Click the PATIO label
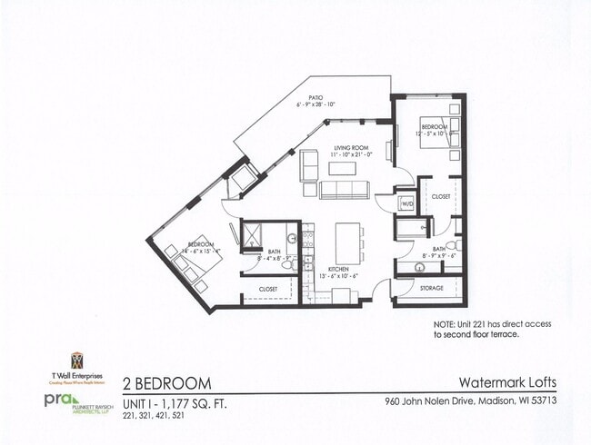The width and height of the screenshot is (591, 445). pyautogui.click(x=316, y=96)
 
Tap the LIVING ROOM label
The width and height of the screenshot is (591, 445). pyautogui.click(x=349, y=147)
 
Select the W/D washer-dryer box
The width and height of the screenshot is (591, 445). pyautogui.click(x=406, y=204)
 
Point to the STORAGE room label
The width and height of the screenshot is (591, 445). pyautogui.click(x=431, y=288)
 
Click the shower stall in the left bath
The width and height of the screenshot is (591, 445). pyautogui.click(x=246, y=234)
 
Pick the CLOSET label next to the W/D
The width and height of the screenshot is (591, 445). pyautogui.click(x=441, y=195)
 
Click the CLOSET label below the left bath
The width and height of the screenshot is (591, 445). pyautogui.click(x=267, y=289)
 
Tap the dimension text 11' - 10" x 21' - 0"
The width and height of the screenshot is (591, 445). pyautogui.click(x=349, y=155)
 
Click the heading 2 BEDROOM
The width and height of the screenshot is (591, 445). pyautogui.click(x=167, y=382)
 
